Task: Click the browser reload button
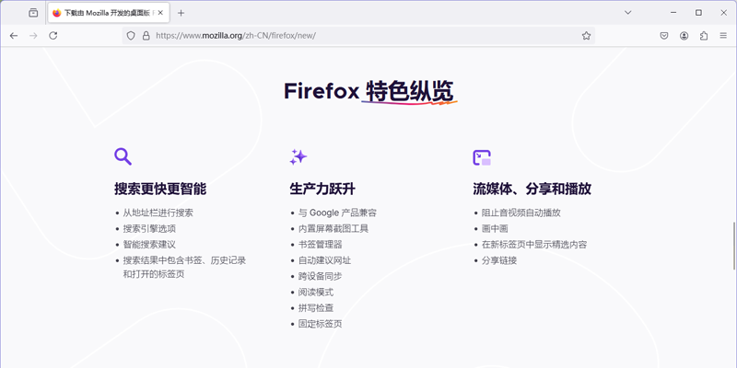click(53, 36)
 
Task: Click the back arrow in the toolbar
click(14, 36)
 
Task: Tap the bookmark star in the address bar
click(586, 36)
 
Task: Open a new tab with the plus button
click(181, 13)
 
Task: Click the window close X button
click(722, 13)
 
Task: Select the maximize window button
click(698, 13)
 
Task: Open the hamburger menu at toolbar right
click(723, 36)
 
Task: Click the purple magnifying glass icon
click(123, 156)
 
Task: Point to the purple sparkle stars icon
click(298, 156)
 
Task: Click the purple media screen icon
click(481, 157)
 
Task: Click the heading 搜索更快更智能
click(160, 189)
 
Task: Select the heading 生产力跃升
click(322, 189)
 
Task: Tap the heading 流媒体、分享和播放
click(532, 189)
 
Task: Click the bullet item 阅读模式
click(316, 292)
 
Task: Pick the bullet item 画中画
click(495, 228)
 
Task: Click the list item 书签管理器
click(320, 245)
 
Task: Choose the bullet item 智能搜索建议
click(149, 245)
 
